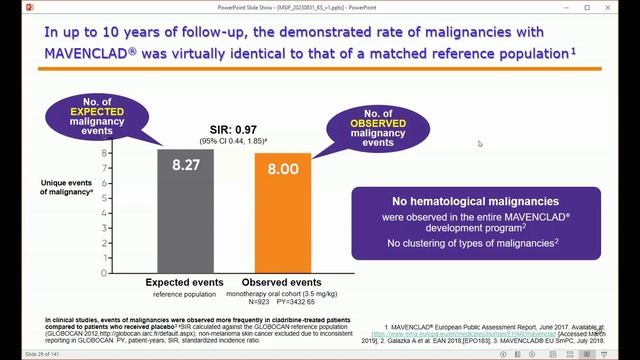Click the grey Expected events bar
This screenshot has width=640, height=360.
[x=185, y=215]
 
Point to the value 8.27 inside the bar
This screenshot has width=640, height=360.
[x=185, y=165]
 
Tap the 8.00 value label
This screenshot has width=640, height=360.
[x=268, y=170]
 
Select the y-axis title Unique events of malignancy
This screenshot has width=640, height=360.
[x=71, y=186]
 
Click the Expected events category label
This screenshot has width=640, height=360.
[x=185, y=282]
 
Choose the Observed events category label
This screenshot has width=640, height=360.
[x=270, y=282]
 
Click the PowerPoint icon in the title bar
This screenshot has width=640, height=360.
[x=9, y=7]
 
